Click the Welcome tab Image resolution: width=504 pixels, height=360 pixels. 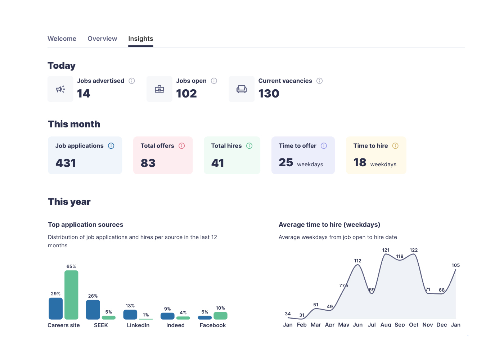[62, 39]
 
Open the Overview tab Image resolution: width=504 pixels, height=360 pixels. [102, 39]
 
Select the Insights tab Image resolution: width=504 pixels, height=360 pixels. [140, 39]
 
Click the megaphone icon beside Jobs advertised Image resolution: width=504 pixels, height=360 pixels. [60, 89]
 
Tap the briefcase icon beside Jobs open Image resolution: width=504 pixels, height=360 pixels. [159, 89]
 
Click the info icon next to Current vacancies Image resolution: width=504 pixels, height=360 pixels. [319, 81]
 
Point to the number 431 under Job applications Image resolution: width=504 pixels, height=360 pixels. [66, 163]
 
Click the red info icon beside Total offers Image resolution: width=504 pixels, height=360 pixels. [182, 146]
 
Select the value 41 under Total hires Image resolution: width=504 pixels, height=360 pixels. [218, 163]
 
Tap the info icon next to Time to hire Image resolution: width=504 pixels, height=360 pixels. [395, 146]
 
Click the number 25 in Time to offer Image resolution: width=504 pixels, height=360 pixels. [286, 162]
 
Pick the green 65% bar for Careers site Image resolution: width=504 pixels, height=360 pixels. [71, 295]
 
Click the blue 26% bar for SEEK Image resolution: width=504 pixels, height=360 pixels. [93, 310]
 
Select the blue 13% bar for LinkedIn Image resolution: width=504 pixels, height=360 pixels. [130, 314]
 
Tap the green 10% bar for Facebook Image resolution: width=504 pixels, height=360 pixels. [220, 316]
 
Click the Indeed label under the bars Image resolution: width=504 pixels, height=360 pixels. [175, 325]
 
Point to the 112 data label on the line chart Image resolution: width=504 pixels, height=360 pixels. [357, 261]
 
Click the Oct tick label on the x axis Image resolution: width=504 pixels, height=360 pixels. [414, 325]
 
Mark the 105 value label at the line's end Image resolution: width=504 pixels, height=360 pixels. [455, 265]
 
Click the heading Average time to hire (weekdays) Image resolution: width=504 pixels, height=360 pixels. [329, 225]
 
